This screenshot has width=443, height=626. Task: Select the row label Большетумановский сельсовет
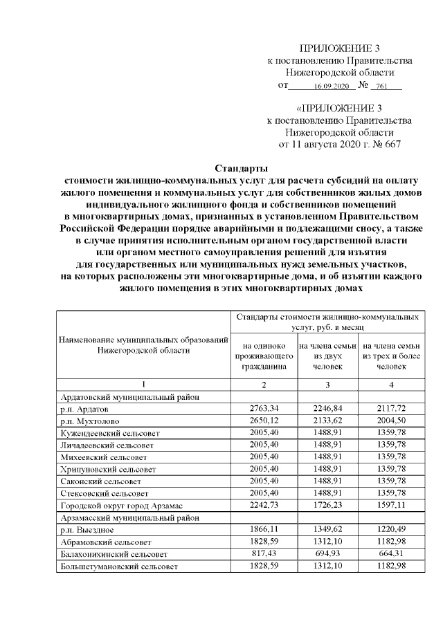(x=118, y=566)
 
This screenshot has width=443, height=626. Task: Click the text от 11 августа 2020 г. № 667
(x=339, y=145)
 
